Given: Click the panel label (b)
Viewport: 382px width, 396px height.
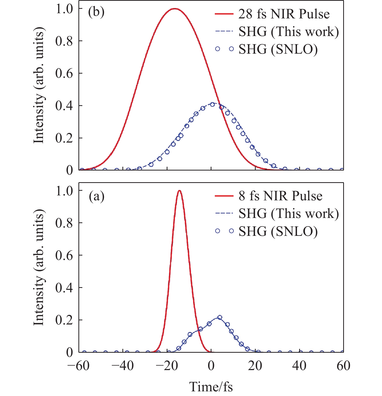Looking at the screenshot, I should (x=96, y=12).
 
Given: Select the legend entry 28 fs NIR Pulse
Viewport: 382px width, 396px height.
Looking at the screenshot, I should (x=284, y=14).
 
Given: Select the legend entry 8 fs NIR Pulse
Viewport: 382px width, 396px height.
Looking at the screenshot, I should (x=280, y=196).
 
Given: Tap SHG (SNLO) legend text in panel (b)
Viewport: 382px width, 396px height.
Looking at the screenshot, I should (x=278, y=49).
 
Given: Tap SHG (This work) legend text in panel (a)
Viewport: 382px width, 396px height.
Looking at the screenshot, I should (x=289, y=214).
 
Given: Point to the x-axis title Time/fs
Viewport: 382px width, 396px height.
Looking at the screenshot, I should (x=211, y=387).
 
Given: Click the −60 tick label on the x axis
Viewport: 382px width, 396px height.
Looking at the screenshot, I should (x=78, y=366).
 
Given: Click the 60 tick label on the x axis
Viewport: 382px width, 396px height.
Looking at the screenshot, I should (x=343, y=366).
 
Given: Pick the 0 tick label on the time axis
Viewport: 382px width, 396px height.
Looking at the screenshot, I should (x=211, y=366).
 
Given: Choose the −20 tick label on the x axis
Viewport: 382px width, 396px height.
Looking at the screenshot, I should (x=167, y=366).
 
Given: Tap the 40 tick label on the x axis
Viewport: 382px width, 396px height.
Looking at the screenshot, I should (x=299, y=366).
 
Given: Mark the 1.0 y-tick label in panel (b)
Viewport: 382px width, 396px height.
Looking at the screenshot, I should (x=64, y=9).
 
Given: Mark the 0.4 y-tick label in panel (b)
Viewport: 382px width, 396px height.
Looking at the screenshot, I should (x=64, y=106).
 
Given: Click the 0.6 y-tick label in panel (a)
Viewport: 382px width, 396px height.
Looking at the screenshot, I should (x=64, y=255).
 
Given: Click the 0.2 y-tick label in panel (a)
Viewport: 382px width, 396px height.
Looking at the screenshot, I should (x=64, y=320).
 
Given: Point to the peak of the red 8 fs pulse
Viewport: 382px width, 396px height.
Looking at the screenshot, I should (x=179, y=191).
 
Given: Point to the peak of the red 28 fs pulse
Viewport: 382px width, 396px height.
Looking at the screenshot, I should (x=175, y=9).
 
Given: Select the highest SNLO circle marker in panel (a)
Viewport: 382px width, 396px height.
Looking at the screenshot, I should (x=220, y=317).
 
